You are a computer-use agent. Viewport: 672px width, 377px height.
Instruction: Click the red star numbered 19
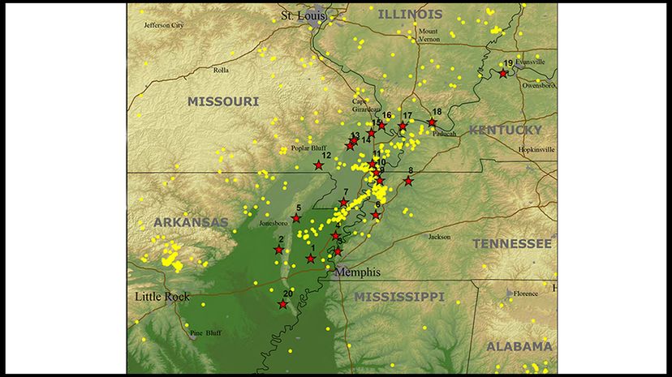tap(503, 74)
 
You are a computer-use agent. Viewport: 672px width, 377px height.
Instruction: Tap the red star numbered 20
tap(282, 304)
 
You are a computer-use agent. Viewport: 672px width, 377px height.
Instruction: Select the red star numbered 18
tap(433, 122)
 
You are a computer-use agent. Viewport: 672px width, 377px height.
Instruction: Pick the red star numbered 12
tap(318, 165)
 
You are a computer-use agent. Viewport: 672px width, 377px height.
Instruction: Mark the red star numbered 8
tap(408, 181)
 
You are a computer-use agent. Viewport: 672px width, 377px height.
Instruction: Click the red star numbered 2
tap(278, 250)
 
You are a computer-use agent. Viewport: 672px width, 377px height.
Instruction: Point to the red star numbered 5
tap(296, 218)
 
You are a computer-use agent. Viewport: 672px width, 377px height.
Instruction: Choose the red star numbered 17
tap(403, 126)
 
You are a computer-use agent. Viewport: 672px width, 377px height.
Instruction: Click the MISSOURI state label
tap(223, 101)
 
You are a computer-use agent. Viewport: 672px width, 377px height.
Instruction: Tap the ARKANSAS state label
tap(191, 222)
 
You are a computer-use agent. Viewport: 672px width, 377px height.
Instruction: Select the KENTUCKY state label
tap(505, 130)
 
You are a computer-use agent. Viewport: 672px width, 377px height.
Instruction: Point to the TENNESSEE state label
tap(512, 243)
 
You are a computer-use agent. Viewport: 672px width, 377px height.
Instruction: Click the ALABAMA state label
tap(519, 346)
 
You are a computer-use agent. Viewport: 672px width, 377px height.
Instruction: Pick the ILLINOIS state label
tap(411, 14)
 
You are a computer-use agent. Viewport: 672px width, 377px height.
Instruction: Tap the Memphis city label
tap(355, 272)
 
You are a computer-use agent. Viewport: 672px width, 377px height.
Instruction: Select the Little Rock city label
tap(162, 297)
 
